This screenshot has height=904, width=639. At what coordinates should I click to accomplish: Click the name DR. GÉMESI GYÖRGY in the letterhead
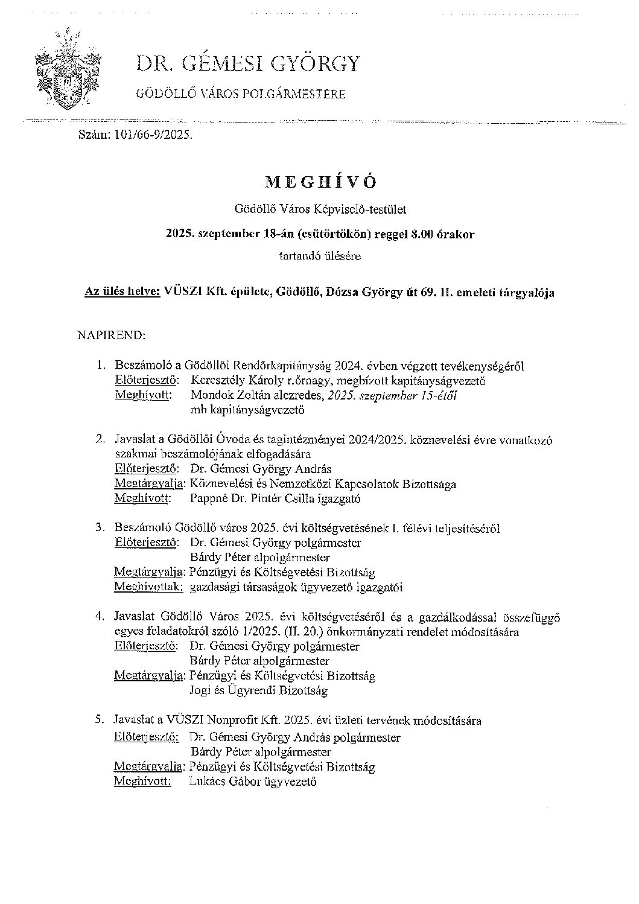pyautogui.click(x=247, y=64)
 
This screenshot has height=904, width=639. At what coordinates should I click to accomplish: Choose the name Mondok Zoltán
pyautogui.click(x=228, y=396)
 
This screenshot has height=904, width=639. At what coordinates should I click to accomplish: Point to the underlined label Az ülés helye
pyautogui.click(x=122, y=293)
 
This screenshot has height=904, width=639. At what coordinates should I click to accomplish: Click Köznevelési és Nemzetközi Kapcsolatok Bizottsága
pyautogui.click(x=322, y=484)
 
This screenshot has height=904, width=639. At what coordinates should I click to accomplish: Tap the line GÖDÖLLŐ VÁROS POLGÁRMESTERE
pyautogui.click(x=243, y=94)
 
